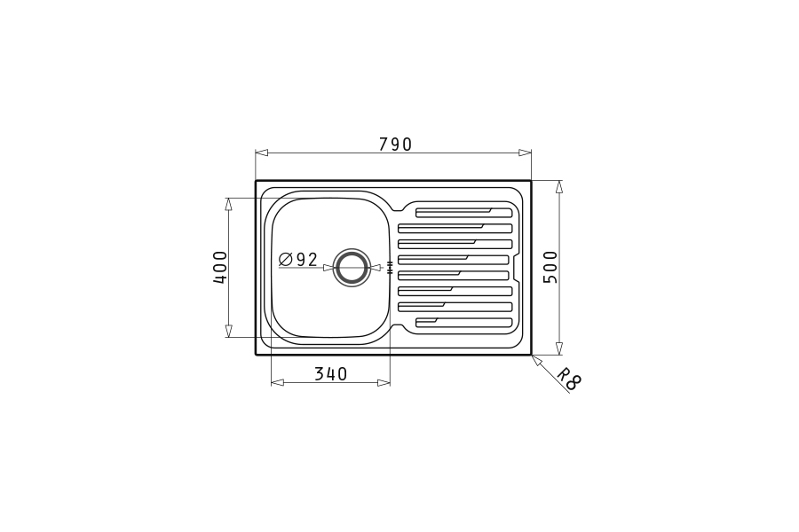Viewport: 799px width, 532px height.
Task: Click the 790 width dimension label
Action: pos(395,145)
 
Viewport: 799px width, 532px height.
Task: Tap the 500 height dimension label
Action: pos(550,267)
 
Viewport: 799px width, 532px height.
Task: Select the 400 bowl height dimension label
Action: pos(220,267)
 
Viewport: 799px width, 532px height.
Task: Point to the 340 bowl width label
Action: pos(331,374)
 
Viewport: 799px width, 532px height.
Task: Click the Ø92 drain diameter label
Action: pos(298,260)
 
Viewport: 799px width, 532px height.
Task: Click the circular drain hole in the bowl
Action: pos(351,267)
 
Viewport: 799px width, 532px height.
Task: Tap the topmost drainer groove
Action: pos(463,213)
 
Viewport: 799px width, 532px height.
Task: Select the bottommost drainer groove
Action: pos(463,322)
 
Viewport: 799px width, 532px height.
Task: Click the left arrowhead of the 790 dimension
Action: pos(261,153)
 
